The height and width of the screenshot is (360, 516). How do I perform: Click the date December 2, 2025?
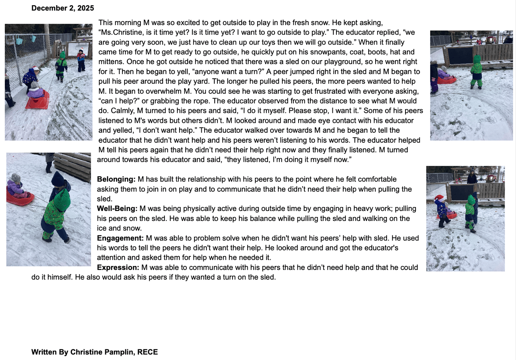coord(63,8)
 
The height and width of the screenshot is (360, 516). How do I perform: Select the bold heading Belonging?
coord(116,179)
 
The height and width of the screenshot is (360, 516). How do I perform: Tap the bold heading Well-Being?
coord(117,209)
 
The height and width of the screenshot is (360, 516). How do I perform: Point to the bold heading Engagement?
coord(120,238)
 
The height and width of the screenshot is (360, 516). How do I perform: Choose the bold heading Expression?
coord(118,267)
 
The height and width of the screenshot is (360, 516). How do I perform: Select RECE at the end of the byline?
coord(147,352)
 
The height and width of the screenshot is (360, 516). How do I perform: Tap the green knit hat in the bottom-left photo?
coord(62,198)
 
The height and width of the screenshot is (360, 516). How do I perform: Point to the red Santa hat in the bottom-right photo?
coord(439,198)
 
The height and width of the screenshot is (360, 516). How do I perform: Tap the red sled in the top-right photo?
coord(447,79)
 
